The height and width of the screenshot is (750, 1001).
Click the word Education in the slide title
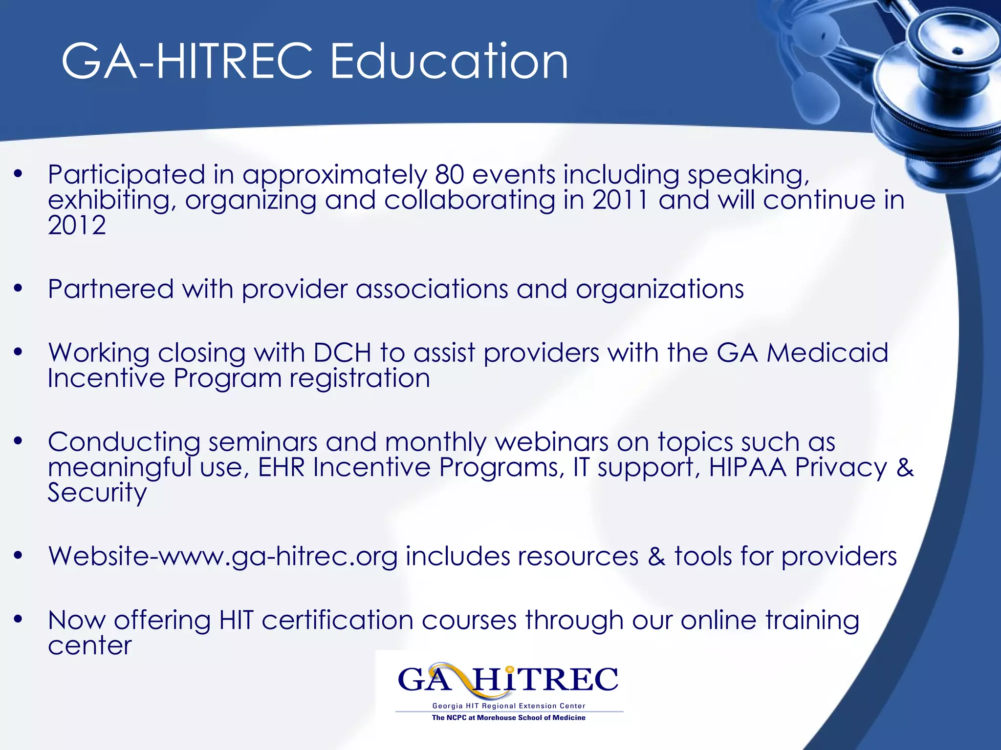449,62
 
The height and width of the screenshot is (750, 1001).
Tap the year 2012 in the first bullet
77,225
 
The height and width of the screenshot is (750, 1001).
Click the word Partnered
111,289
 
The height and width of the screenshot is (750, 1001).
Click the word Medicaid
827,352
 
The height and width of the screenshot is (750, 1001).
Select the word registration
360,378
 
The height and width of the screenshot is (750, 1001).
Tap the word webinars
551,442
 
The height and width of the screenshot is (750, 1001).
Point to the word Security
97,492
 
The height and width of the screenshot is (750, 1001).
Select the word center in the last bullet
90,646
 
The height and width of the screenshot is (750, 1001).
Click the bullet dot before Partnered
19,289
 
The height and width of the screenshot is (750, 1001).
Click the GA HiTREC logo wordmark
508,680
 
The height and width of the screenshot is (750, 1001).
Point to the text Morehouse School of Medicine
531,718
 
